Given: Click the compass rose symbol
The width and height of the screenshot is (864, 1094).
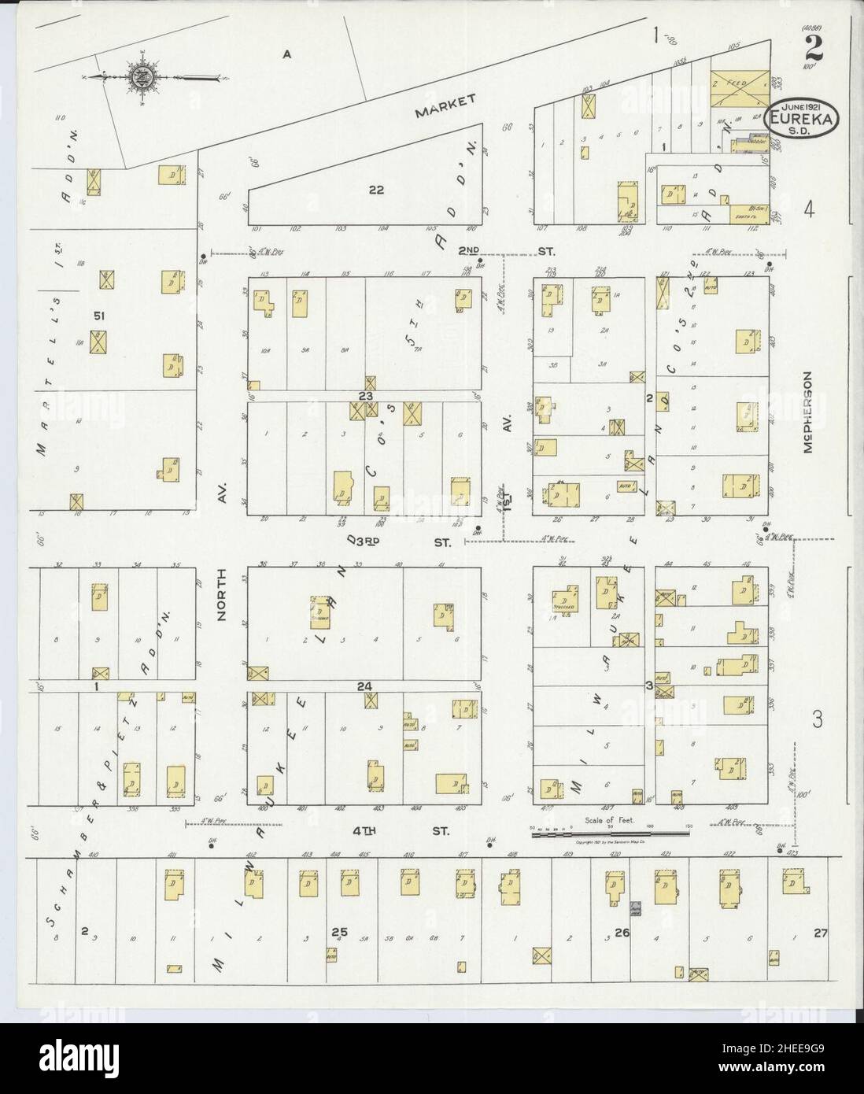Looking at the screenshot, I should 144,77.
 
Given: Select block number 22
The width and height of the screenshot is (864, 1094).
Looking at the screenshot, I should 375,189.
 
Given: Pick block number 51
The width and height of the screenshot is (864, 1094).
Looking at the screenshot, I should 98,316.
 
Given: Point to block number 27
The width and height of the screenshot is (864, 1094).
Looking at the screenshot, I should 821,933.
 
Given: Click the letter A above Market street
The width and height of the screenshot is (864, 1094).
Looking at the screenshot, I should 287,54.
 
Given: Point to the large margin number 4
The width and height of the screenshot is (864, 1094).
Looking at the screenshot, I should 807,209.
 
